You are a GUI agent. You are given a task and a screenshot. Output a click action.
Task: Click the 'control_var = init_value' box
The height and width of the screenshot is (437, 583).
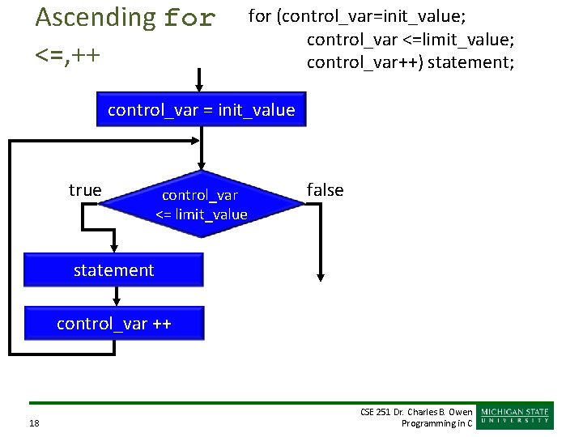[x=201, y=111]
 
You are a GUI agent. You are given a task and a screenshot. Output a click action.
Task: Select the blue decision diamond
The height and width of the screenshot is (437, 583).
[x=201, y=204]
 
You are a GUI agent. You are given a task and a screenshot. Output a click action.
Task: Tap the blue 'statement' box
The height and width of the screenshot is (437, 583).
[x=113, y=270]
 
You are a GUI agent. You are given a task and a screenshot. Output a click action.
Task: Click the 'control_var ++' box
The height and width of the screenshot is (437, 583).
[x=113, y=324]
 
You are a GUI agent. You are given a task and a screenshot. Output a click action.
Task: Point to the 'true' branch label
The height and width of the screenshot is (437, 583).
[x=85, y=190]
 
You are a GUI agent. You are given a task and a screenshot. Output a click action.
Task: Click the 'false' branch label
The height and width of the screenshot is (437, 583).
[x=325, y=190]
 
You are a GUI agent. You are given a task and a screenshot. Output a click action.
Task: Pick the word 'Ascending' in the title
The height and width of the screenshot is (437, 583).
[x=96, y=17]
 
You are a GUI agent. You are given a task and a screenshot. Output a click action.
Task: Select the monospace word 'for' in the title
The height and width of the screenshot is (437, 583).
[x=189, y=18]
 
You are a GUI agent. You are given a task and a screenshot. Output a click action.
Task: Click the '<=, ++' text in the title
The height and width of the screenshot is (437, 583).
[x=68, y=54]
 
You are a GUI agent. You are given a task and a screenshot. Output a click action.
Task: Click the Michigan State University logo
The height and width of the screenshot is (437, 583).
[x=516, y=415]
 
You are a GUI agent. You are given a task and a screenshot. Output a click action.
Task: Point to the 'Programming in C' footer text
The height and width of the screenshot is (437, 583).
[x=436, y=423]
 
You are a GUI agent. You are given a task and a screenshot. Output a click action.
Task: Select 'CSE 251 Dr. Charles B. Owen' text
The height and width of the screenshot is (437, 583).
[x=415, y=412]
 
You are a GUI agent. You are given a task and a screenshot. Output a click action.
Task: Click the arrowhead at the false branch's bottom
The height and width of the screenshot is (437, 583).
[x=321, y=277]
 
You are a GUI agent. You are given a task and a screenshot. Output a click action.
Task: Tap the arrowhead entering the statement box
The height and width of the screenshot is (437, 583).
[x=114, y=249]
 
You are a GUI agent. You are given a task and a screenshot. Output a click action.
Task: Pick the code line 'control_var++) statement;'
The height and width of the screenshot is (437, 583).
[x=410, y=62]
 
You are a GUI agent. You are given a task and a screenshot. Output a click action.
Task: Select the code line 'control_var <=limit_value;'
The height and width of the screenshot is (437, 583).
[x=411, y=39]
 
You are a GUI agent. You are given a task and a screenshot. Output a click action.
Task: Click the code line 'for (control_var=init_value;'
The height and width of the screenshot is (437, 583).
[x=356, y=16]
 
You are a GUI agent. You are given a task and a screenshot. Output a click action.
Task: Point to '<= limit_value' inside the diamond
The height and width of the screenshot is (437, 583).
[x=201, y=214]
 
